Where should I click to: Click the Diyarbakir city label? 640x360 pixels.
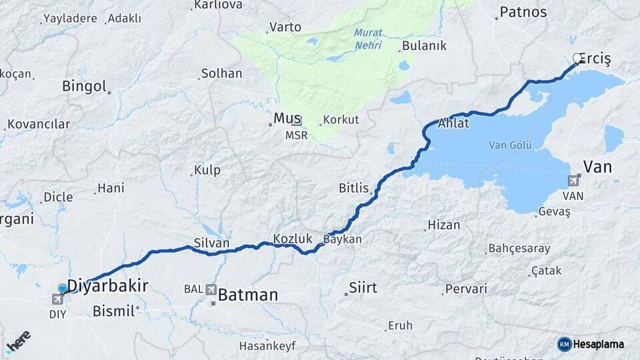coord(107,286)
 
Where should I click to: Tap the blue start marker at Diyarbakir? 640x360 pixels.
coord(63,289)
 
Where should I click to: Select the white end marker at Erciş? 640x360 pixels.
coord(577,59)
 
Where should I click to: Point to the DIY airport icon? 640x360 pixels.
coord(57,300)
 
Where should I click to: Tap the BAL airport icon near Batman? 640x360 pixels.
coord(211,289)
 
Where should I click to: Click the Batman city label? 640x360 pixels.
coord(248,294)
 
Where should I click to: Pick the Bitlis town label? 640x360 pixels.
coord(353,188)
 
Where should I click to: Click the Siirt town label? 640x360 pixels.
coord(363,288)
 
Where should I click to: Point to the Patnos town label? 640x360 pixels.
coord(523,12)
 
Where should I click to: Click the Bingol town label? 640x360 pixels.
coord(84,86)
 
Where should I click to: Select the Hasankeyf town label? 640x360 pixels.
coord(267,346)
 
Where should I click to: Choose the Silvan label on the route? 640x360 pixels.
coord(211,243)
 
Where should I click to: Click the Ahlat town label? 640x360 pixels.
coord(453,123)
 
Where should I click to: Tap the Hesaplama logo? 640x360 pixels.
coord(591,344)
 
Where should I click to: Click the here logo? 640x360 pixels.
coord(18,341)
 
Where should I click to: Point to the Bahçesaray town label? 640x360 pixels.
coord(519,249)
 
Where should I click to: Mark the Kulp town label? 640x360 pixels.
coord(207,170)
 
